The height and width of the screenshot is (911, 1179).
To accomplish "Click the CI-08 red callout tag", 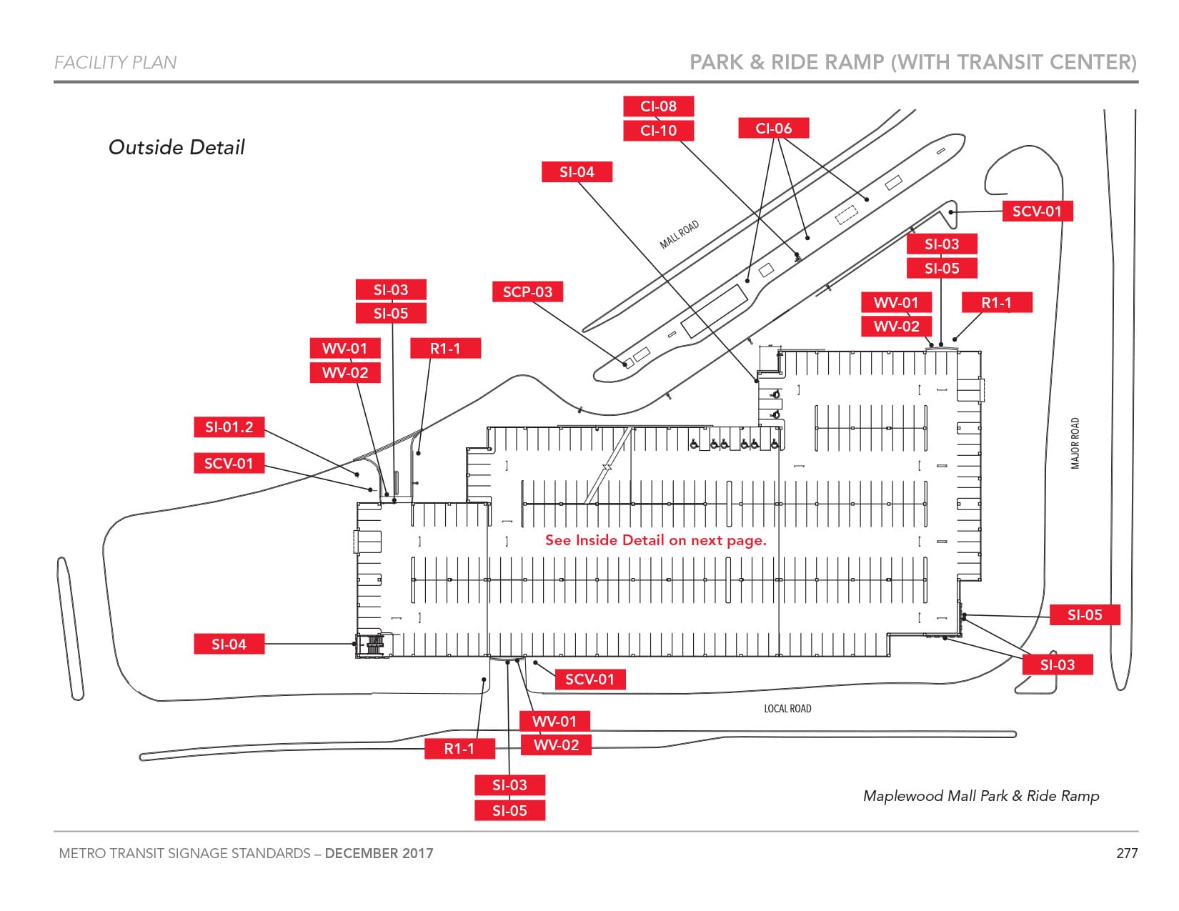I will pos(658,106).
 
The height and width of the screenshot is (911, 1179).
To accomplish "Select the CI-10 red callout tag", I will pos(658,131).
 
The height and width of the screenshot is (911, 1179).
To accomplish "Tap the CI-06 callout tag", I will pos(773,129).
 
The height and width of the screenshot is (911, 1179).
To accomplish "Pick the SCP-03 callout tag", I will pos(527,292).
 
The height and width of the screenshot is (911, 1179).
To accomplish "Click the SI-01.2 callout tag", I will pos(229,427).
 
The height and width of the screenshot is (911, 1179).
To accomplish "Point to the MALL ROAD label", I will pos(679,234).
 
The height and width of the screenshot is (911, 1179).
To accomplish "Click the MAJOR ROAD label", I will pos(1075,443).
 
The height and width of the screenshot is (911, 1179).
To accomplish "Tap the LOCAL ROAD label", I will pos(787,709).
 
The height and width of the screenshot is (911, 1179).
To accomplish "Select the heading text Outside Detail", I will pos(176,147).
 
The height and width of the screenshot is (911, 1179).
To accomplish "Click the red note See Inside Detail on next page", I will pos(655,540).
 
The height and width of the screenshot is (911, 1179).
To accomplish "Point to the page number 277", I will pos(1126,853).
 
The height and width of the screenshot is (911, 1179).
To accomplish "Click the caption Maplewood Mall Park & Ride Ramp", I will pos(980,796).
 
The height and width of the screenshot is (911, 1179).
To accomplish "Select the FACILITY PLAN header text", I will pos(116,63).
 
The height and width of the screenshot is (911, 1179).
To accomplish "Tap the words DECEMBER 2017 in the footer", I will pos(379,853).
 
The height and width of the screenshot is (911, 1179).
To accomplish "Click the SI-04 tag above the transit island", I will pos(577,172).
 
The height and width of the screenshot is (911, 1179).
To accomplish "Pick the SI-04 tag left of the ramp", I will pos(229,644).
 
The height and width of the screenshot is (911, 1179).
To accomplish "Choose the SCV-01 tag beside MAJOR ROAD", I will pos(1037,211).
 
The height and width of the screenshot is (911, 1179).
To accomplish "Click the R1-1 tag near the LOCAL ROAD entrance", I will pos(459,749).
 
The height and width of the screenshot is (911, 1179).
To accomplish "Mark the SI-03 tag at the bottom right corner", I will pos(1057,665).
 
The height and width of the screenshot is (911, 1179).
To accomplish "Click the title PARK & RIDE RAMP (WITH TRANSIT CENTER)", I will pos(912,63).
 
